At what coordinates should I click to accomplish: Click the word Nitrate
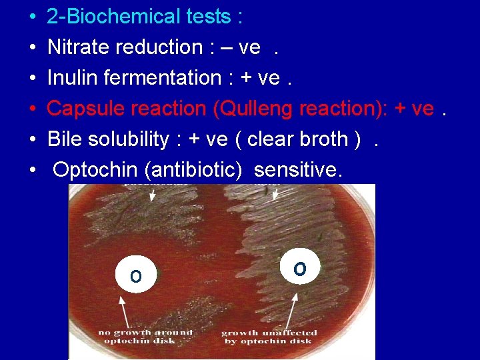pos(79,47)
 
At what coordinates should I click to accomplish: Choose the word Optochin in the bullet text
pos(98,170)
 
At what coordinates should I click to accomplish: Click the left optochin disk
pos(135,275)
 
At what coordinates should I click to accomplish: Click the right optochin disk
pos(300,268)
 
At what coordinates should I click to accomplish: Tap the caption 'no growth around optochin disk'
pos(145,336)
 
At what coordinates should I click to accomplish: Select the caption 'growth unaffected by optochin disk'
pos(266,337)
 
